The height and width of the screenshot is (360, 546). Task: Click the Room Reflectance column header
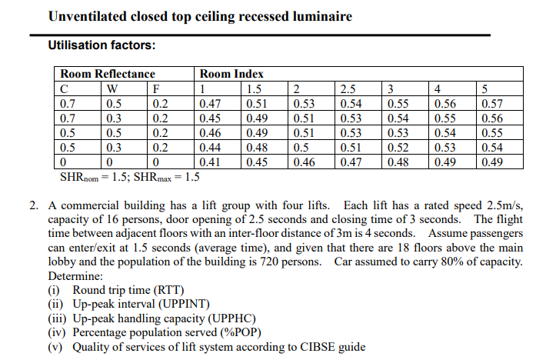coord(107,74)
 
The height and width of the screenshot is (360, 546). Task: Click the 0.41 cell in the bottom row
coord(210,162)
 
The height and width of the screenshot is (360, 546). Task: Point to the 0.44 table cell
coord(210,148)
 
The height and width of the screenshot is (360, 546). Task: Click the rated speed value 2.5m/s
coord(504,206)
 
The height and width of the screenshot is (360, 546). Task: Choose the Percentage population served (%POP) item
coord(166,332)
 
